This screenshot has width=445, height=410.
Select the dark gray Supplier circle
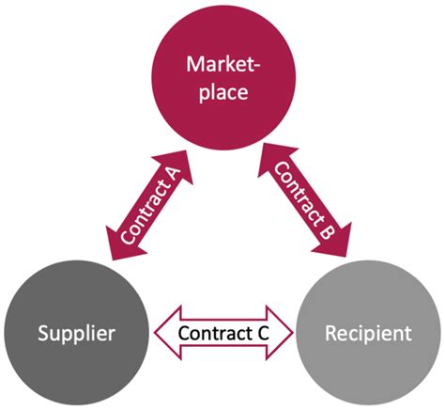(x=75, y=333)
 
